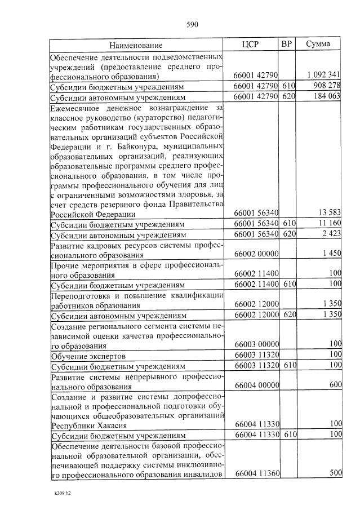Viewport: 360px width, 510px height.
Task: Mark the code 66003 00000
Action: coord(256,345)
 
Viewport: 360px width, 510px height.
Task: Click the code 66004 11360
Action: coord(256,474)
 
